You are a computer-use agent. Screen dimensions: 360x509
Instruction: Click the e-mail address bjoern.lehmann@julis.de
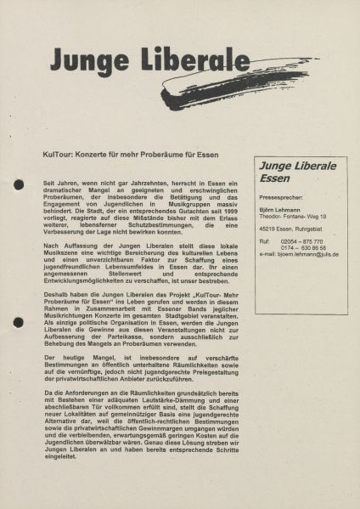pyautogui.click(x=307, y=254)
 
